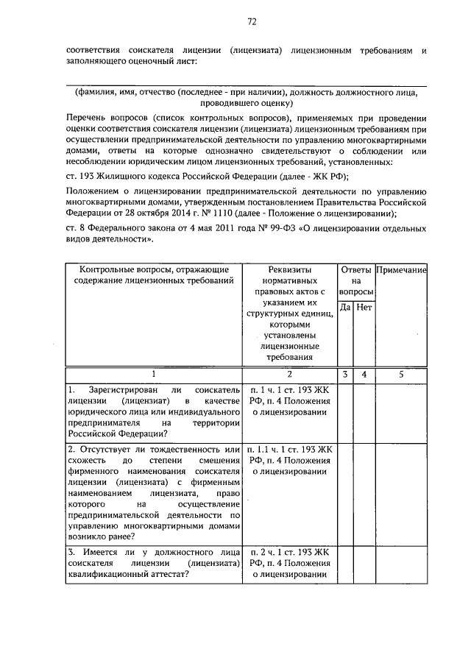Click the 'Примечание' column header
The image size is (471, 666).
402,270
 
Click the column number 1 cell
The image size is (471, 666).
154,374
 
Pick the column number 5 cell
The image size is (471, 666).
402,374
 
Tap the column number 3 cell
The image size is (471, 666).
345,374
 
